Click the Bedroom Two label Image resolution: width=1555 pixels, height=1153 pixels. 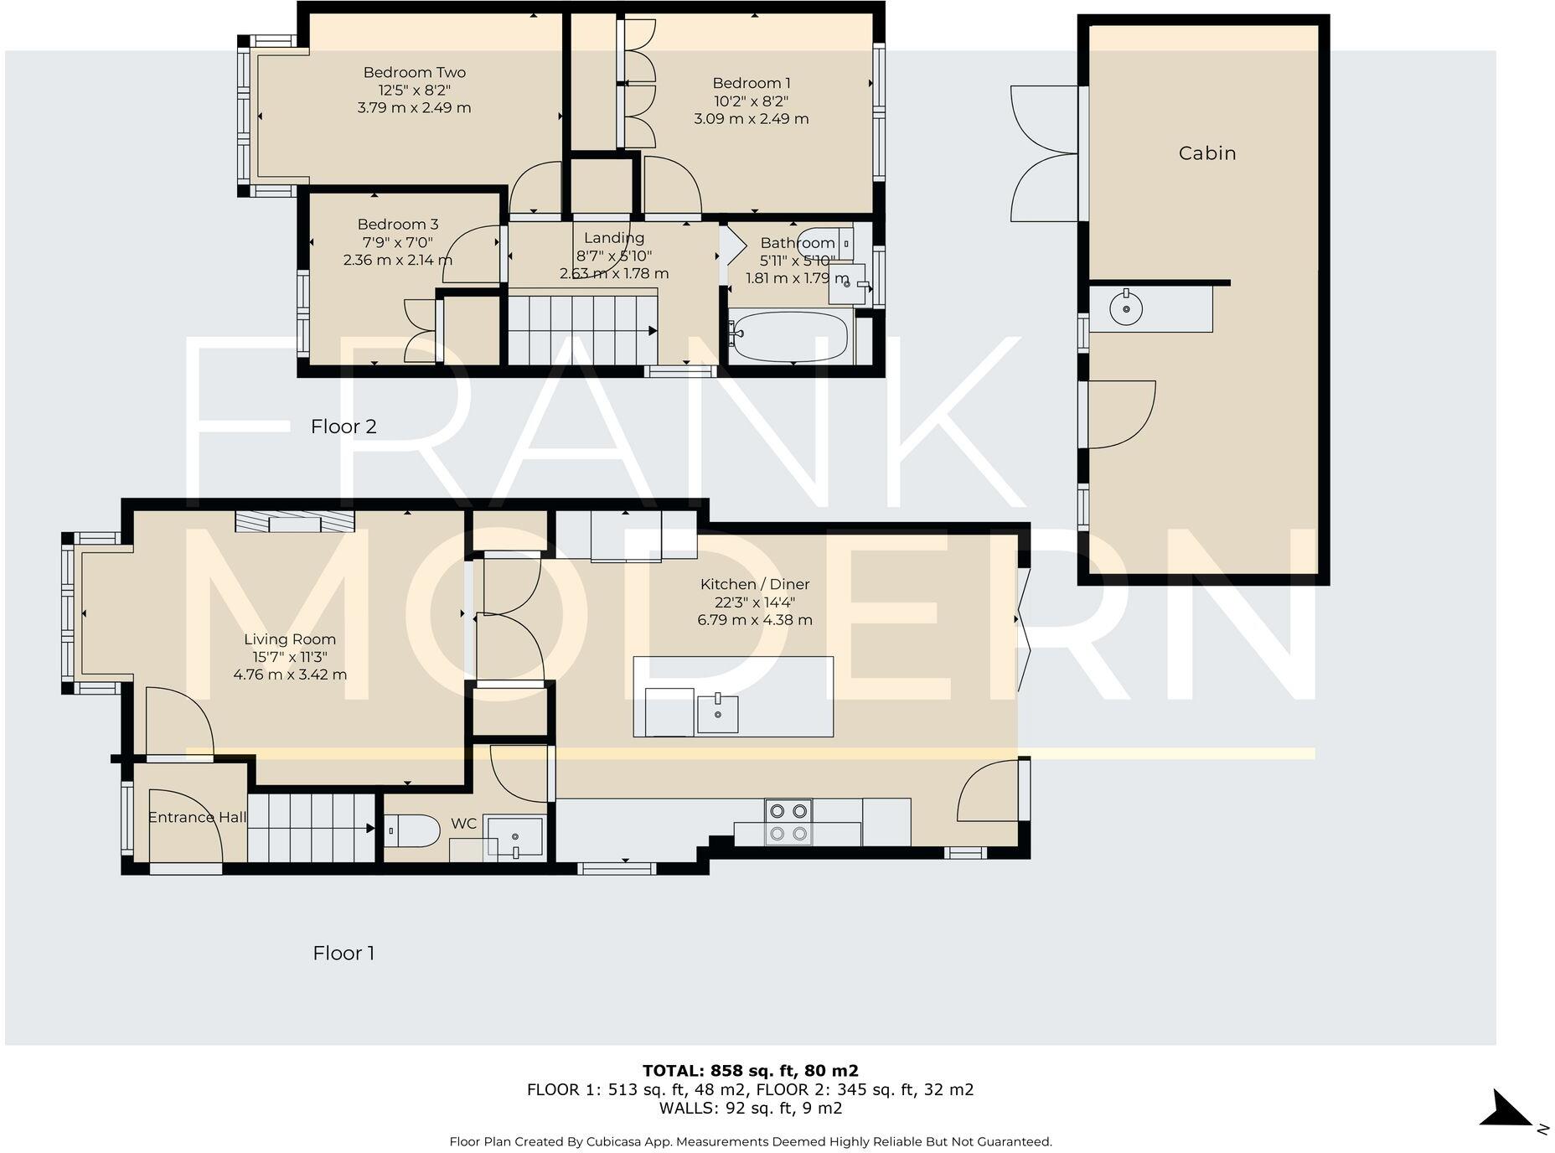coord(414,73)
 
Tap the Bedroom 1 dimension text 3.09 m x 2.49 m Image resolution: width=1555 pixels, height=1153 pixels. coord(751,119)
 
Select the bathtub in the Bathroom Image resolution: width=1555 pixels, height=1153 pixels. coord(789,337)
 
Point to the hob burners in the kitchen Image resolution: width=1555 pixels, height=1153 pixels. coord(788,822)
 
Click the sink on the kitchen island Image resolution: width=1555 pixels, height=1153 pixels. coord(717,714)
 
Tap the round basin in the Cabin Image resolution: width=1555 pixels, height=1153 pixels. coord(1125,309)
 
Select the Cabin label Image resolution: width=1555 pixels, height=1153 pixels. coord(1206,153)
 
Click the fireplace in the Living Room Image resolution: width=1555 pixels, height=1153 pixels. coord(294,522)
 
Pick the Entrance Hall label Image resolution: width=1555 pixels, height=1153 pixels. coord(197,817)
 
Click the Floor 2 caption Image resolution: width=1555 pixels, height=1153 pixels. coord(344,427)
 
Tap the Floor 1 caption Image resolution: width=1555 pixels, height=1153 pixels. coord(344,953)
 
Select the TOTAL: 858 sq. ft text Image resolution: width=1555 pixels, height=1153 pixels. coord(750,1070)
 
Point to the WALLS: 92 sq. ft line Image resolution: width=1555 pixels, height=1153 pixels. coord(750,1108)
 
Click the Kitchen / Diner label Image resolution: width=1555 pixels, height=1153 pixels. coord(754,584)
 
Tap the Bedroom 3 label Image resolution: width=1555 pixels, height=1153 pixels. coord(397,224)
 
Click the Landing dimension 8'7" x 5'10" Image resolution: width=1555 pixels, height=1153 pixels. coord(613,256)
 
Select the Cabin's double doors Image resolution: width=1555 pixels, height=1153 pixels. coord(1044,154)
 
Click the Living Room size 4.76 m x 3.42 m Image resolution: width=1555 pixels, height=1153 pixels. coord(290,675)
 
